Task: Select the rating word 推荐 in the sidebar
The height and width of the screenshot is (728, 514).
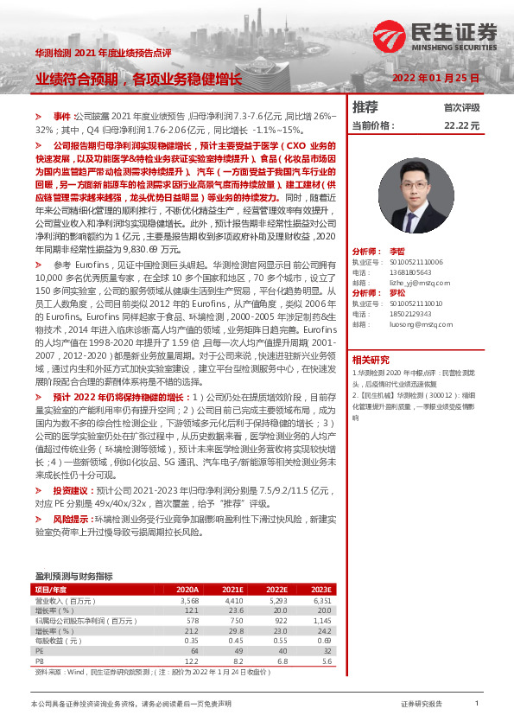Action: pos(365,107)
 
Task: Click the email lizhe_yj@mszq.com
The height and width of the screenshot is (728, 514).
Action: pos(415,283)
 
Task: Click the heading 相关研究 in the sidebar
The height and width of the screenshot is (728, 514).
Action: pos(371,359)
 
